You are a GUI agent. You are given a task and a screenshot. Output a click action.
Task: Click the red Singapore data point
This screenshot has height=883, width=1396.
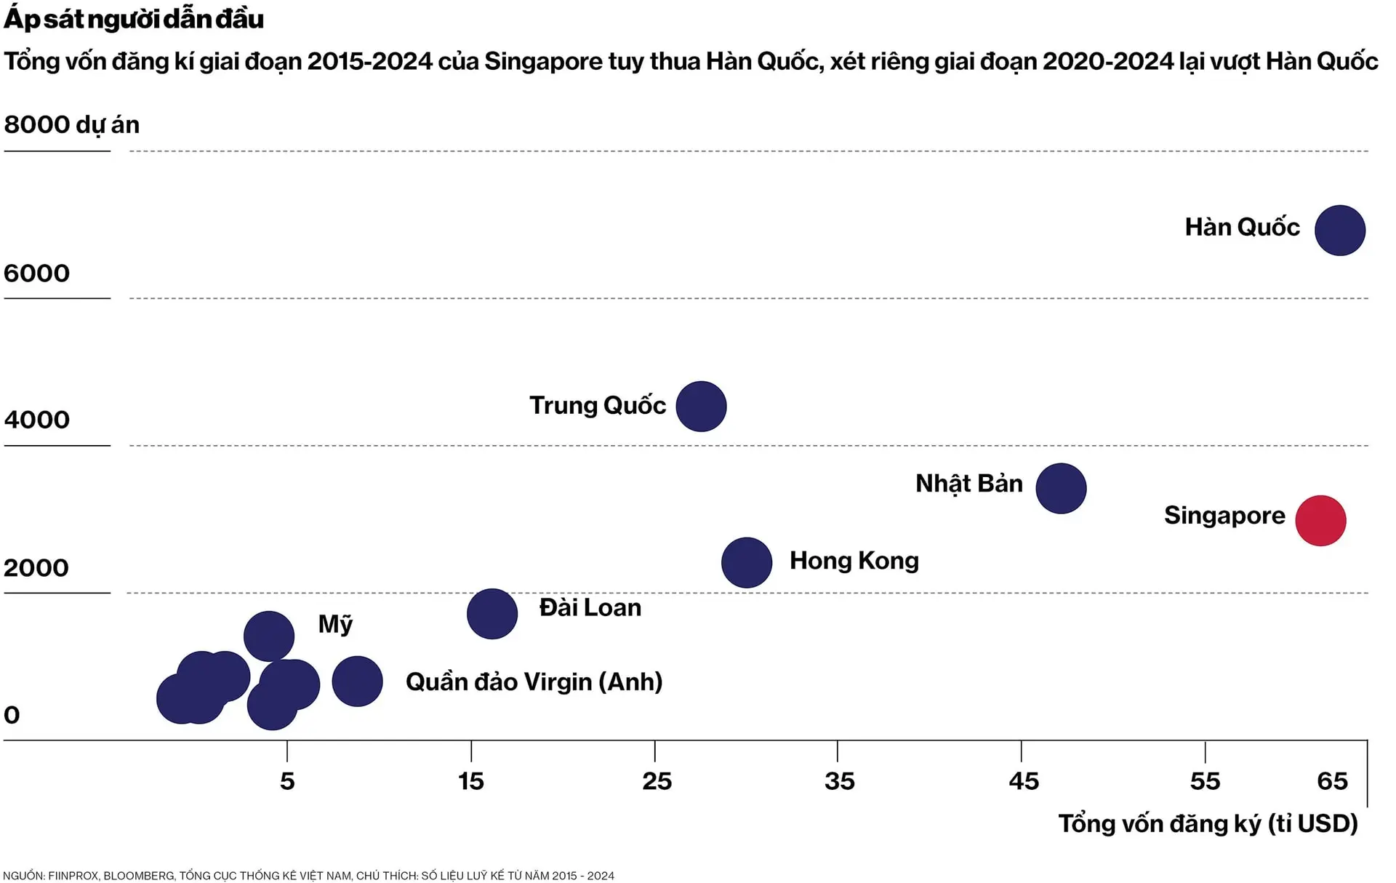(1320, 521)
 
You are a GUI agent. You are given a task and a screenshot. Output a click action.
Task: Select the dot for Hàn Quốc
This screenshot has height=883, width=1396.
(1339, 231)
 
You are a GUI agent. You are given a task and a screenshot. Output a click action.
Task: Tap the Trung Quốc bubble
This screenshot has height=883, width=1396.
(701, 407)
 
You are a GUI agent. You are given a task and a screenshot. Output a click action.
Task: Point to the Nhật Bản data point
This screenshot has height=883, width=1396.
(1061, 489)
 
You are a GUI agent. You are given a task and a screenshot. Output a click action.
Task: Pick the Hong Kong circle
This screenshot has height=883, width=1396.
(747, 562)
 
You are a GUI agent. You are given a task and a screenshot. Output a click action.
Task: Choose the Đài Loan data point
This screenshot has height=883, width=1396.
(492, 614)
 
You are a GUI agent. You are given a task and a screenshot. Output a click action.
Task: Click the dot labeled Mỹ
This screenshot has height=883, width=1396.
(269, 636)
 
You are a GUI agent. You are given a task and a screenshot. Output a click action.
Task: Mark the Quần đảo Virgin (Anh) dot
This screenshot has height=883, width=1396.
(357, 682)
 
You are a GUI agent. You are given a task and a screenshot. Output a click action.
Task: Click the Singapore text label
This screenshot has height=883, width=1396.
(1224, 516)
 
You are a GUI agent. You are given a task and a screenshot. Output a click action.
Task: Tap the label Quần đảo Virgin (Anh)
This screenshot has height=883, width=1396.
(534, 682)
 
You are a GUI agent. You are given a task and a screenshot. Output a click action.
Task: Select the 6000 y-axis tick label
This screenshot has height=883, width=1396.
(36, 273)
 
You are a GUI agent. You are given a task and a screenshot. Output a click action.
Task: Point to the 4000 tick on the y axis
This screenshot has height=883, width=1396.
(36, 420)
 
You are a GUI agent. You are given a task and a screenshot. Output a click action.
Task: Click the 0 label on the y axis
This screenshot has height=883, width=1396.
(12, 715)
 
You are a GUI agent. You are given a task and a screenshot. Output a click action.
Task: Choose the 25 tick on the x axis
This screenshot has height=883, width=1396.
(657, 781)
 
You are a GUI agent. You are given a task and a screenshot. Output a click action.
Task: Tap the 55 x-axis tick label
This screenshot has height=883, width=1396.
(1205, 781)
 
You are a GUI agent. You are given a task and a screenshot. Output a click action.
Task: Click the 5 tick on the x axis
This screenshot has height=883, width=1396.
(287, 781)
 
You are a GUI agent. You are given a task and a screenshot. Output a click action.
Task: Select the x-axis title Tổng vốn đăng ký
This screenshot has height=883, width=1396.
(1208, 823)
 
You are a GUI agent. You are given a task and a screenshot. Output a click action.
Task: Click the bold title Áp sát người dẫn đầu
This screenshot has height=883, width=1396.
(134, 20)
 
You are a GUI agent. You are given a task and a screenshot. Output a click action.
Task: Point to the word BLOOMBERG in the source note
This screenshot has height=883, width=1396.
(138, 876)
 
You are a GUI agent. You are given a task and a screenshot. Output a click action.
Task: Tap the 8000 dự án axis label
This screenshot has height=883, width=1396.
(71, 125)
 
